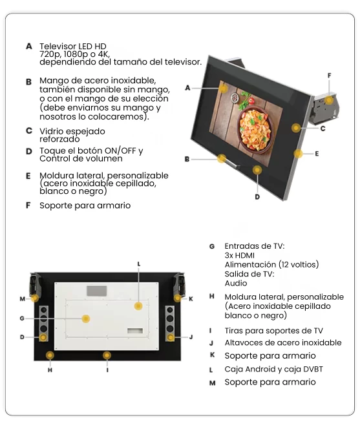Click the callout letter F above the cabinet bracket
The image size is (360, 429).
(x=329, y=76)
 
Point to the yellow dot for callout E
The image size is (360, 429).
(x=299, y=153)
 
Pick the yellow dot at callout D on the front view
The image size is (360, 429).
(x=258, y=170)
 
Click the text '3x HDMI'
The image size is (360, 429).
(x=239, y=255)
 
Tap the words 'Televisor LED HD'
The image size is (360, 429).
(x=73, y=47)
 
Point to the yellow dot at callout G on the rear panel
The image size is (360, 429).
(x=85, y=319)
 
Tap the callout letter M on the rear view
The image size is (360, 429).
(x=21, y=299)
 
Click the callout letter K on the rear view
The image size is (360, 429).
(x=191, y=298)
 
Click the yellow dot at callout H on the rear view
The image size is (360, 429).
(x=50, y=355)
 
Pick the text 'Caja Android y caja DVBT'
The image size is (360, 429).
(x=273, y=369)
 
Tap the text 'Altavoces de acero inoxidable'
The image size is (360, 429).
(x=283, y=342)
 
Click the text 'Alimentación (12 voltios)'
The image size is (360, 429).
(x=271, y=264)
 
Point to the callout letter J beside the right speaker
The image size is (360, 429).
(x=191, y=337)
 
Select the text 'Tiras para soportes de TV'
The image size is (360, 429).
(x=273, y=330)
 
